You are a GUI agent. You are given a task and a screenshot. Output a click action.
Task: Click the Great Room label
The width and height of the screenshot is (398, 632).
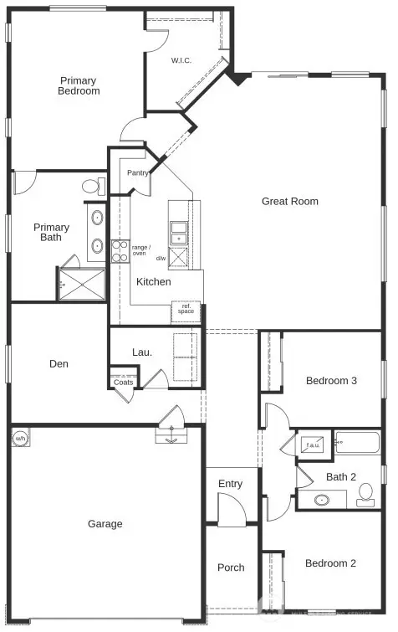click(289, 201)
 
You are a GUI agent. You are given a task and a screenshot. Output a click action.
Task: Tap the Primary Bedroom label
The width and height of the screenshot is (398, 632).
click(79, 86)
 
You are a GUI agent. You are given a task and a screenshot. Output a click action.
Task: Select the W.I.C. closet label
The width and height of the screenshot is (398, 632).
click(183, 60)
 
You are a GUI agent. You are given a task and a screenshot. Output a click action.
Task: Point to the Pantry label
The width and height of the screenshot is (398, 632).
click(137, 173)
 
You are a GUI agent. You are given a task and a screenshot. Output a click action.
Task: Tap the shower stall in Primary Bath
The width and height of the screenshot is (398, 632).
click(82, 283)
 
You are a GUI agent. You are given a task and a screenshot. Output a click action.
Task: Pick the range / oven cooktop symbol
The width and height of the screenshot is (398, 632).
click(120, 251)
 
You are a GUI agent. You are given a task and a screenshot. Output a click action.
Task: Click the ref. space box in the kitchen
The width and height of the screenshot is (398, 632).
click(186, 311)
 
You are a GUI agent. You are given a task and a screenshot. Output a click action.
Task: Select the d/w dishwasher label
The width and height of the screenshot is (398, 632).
click(161, 258)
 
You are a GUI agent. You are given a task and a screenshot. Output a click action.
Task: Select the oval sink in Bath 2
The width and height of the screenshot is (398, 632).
click(322, 501)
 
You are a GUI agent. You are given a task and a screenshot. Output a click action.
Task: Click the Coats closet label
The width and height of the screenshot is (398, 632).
click(122, 383)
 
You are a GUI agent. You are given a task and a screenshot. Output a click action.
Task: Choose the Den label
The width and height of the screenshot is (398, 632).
click(59, 364)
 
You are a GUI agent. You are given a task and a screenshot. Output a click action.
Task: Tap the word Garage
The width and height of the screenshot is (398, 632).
click(105, 524)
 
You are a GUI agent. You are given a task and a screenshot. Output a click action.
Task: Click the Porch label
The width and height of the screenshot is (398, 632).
click(231, 568)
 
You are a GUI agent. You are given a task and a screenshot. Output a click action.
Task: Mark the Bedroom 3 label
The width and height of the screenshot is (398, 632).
click(331, 381)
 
